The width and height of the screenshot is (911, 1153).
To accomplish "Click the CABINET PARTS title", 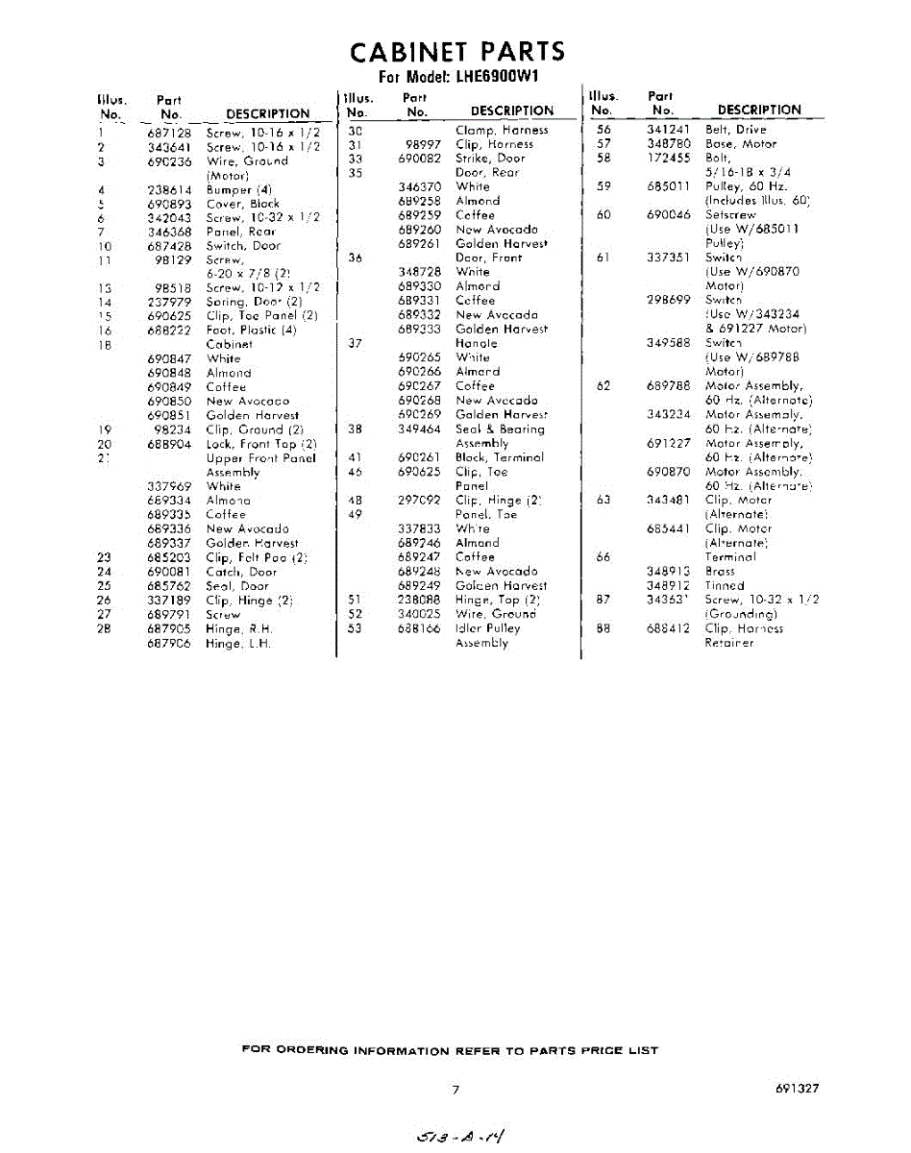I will pyautogui.click(x=456, y=51).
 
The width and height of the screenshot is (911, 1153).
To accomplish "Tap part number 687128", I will pyautogui.click(x=169, y=133).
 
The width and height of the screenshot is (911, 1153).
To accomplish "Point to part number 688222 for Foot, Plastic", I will pyautogui.click(x=169, y=330).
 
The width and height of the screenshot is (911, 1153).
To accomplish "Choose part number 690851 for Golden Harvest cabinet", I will pyautogui.click(x=169, y=415).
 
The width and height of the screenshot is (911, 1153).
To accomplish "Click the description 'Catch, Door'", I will pyautogui.click(x=241, y=572).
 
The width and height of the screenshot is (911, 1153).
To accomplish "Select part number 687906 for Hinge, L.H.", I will pyautogui.click(x=169, y=644).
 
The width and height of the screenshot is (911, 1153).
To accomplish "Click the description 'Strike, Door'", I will pyautogui.click(x=490, y=159).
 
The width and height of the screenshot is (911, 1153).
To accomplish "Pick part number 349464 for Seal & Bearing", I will pyautogui.click(x=419, y=429).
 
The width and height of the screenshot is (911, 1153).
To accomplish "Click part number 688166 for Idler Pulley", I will pyautogui.click(x=419, y=628).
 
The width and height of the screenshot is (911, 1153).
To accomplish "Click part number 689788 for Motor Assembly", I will pyautogui.click(x=669, y=386).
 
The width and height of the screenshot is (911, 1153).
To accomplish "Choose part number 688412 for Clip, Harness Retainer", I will pyautogui.click(x=669, y=628).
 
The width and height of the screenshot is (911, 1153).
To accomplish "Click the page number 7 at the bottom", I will pyautogui.click(x=455, y=1089).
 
